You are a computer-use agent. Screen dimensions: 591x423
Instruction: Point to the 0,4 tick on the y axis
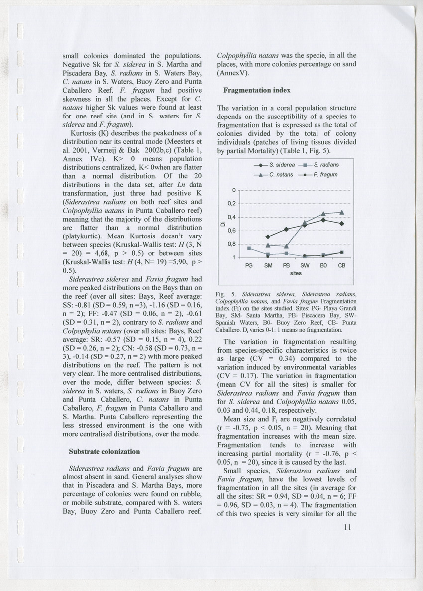(x=232, y=217)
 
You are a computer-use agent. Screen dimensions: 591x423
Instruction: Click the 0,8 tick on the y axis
(x=232, y=244)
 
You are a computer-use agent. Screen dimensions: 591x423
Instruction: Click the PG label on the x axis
(x=249, y=266)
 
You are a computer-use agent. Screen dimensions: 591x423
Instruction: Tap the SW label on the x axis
(x=305, y=266)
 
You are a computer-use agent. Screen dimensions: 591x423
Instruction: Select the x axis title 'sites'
(x=296, y=273)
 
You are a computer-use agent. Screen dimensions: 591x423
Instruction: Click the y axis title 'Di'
(x=225, y=224)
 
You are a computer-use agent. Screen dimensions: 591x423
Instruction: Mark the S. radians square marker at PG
(x=249, y=248)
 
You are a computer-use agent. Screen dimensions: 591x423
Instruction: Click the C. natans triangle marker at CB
(x=342, y=212)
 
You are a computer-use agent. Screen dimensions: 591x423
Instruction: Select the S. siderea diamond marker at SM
(x=268, y=236)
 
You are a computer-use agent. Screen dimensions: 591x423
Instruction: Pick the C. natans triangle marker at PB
(x=286, y=246)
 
